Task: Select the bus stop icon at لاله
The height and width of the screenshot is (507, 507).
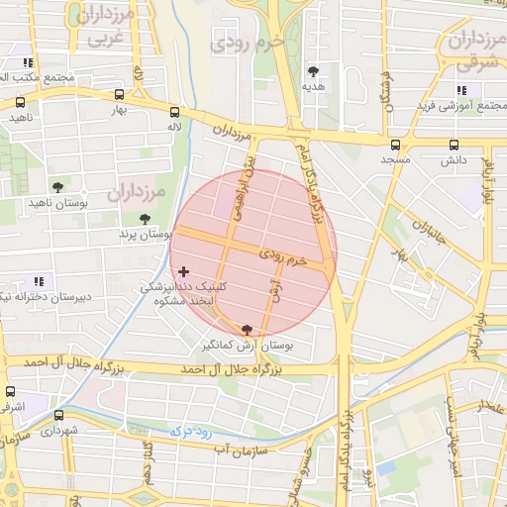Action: click(174, 112)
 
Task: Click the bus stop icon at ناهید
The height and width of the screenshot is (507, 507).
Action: click(21, 101)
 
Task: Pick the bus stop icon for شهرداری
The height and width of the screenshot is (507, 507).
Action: click(58, 416)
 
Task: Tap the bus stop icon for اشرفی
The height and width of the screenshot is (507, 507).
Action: click(11, 391)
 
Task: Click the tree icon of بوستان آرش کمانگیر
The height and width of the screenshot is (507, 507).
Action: click(247, 330)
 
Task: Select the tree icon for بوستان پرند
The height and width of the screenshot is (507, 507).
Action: click(146, 219)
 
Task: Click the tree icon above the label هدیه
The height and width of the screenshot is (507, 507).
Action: click(314, 70)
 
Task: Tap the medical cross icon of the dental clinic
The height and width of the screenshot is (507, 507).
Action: click(183, 270)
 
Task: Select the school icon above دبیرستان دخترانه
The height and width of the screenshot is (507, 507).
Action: click(39, 281)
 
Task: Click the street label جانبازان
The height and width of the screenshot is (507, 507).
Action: click(432, 232)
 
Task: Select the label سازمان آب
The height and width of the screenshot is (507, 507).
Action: click(238, 450)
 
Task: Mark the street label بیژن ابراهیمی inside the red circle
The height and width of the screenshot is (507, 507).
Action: click(245, 187)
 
